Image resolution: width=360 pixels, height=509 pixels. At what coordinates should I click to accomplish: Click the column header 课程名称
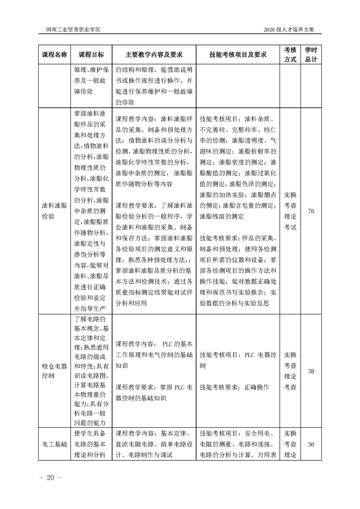point(54,54)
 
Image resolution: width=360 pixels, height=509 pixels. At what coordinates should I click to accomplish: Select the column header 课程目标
point(91,54)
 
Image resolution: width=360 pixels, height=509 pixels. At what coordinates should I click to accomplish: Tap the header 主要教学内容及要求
point(154,54)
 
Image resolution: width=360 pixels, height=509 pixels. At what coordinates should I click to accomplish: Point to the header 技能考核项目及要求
point(238,54)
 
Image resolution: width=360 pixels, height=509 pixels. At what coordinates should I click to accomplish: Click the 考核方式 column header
point(290,54)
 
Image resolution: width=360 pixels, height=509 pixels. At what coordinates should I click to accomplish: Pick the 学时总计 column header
point(311,54)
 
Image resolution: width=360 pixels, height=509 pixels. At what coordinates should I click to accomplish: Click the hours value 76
point(311,211)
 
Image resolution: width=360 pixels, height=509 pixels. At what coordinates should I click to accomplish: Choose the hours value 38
point(311,371)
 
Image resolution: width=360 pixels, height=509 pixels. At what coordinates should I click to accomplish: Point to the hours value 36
point(311,444)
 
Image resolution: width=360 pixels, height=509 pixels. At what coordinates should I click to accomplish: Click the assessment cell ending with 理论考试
point(290,211)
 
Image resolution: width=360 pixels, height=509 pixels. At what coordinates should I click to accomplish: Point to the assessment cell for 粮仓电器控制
point(290,371)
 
